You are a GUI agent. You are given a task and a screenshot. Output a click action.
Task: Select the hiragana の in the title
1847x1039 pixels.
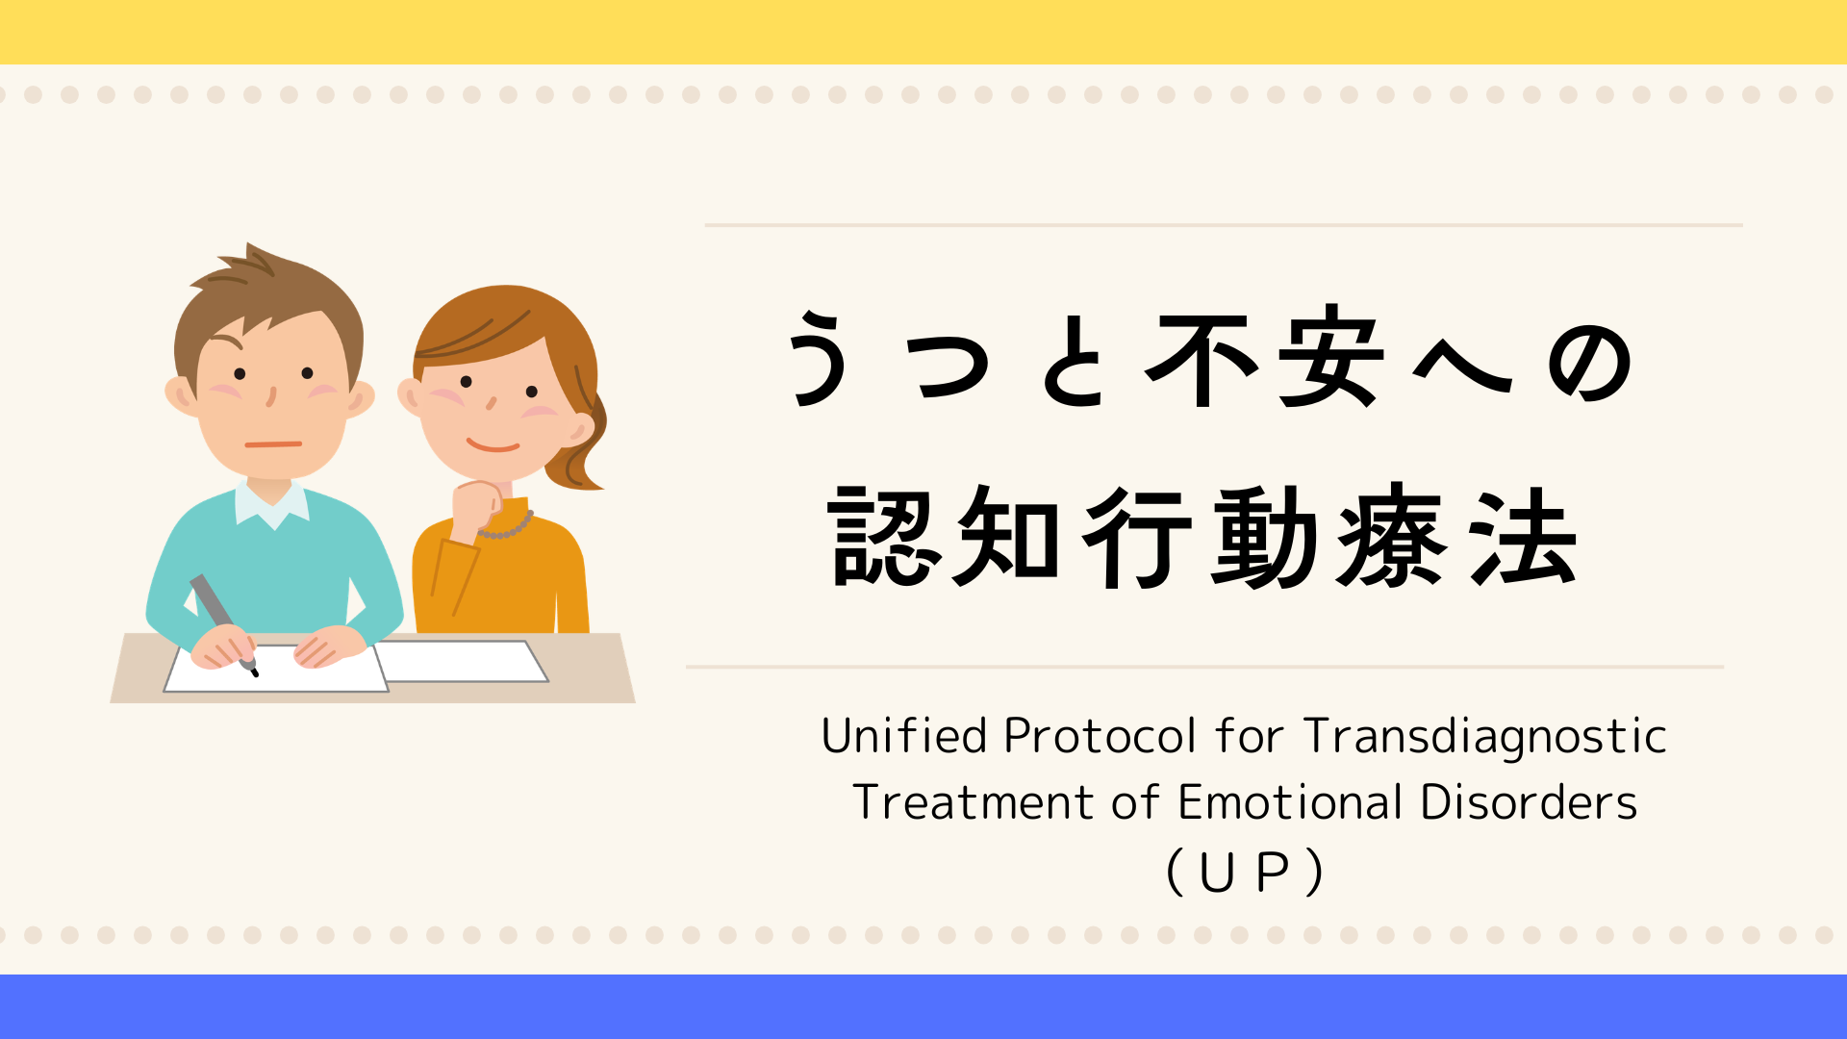[1589, 362]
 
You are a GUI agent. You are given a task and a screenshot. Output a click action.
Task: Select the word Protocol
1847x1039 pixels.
[1100, 736]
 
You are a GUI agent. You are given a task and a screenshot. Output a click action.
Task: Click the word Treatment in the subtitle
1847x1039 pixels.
[974, 802]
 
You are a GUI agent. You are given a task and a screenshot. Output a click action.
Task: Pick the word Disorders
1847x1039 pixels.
[1528, 802]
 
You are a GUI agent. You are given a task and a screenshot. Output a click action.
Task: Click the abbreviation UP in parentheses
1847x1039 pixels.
[1244, 873]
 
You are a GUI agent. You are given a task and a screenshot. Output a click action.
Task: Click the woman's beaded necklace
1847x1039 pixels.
[507, 526]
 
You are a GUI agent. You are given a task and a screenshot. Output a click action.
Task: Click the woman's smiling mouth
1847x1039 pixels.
[493, 445]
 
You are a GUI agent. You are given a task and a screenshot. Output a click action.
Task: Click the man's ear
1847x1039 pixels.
[181, 395]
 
